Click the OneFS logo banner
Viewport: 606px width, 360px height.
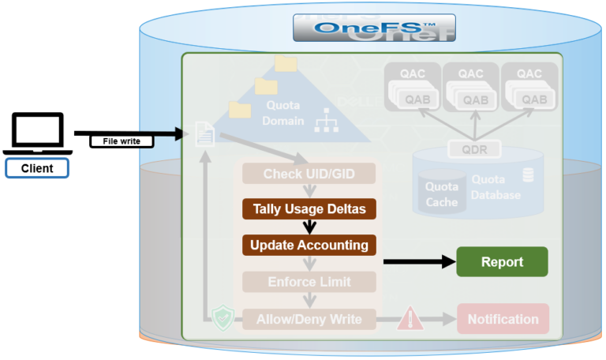(374, 27)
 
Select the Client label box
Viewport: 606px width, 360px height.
(37, 168)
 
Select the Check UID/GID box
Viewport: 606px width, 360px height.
(309, 173)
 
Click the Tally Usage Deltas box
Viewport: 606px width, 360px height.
(309, 209)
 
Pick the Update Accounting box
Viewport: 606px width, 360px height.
(309, 245)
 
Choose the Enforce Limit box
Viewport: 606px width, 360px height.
(309, 281)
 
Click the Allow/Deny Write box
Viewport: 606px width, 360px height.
(309, 319)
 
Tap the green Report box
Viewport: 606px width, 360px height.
(502, 261)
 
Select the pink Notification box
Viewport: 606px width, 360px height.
(503, 319)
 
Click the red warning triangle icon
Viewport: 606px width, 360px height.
(410, 319)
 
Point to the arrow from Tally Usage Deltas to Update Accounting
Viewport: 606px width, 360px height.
(309, 227)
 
